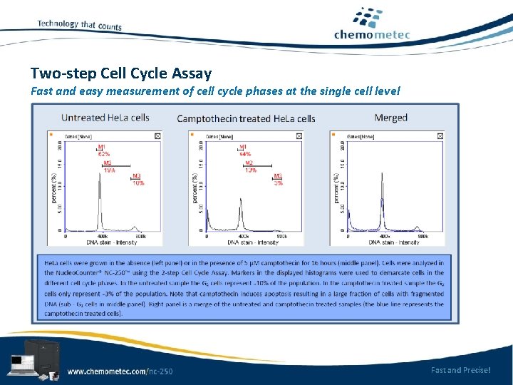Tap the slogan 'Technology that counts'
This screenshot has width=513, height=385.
(79, 25)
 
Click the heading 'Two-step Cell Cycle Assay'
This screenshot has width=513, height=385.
(121, 73)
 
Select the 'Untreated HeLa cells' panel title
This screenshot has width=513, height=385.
(105, 118)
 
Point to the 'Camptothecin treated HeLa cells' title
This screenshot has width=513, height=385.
(246, 118)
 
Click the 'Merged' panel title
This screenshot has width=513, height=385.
(390, 118)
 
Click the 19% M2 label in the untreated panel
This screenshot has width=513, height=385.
(108, 169)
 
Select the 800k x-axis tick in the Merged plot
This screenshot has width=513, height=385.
(423, 236)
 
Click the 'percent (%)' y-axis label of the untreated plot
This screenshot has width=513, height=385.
(53, 187)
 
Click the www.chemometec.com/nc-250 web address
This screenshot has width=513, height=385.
(120, 371)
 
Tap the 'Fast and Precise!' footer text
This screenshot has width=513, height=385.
(460, 369)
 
